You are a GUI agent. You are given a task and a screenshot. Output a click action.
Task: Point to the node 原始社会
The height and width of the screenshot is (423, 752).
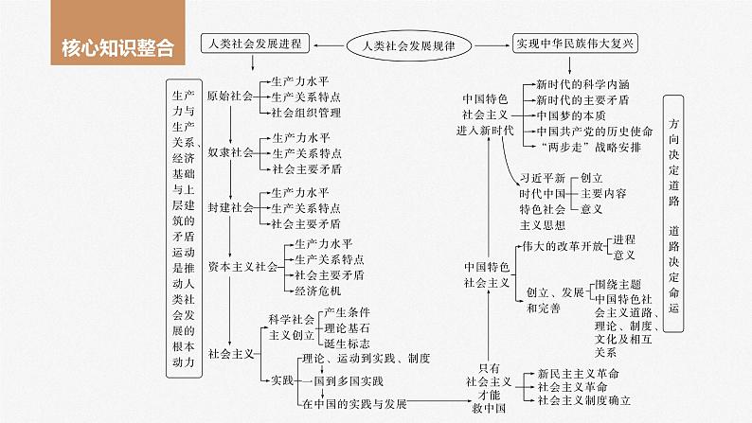point(230,96)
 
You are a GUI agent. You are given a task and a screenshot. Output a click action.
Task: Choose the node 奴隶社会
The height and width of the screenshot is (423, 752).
point(230,151)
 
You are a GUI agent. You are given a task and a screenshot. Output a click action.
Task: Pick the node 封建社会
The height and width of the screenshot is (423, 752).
point(230,206)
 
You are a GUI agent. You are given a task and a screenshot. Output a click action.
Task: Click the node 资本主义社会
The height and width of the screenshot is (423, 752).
point(242,267)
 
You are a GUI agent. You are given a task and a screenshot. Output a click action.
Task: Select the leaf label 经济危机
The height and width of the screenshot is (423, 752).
point(316,291)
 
